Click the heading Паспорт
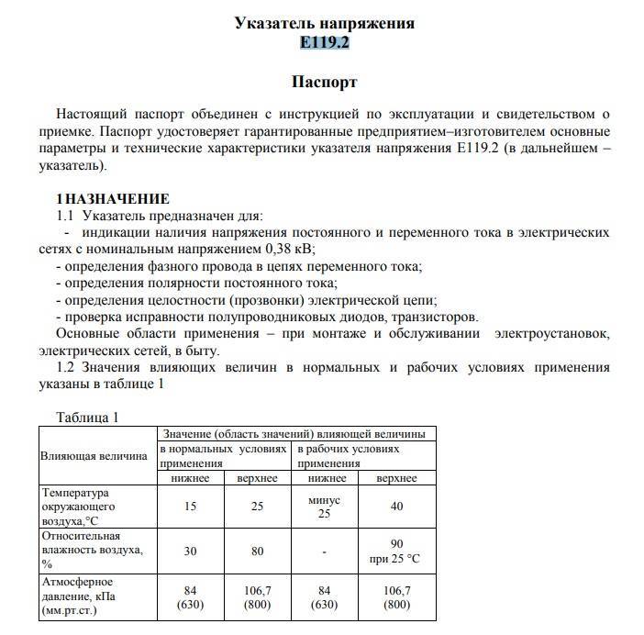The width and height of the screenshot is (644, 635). click(x=324, y=82)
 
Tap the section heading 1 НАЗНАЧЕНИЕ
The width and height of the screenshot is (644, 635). click(x=113, y=198)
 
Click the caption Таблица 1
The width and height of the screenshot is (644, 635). click(x=88, y=418)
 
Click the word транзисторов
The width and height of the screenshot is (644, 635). click(x=438, y=316)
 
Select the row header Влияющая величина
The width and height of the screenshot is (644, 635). click(x=93, y=456)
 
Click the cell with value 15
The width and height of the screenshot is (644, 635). click(x=191, y=507)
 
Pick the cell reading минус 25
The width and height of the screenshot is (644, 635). click(x=324, y=507)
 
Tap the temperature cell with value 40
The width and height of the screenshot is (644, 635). click(x=396, y=507)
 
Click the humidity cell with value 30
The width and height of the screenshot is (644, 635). click(x=191, y=551)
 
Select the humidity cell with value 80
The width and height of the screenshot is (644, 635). click(x=258, y=551)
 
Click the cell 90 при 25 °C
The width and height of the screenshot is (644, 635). click(x=396, y=551)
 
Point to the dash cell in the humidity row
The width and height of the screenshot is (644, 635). click(x=324, y=551)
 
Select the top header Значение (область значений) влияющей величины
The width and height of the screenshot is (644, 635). click(x=293, y=433)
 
